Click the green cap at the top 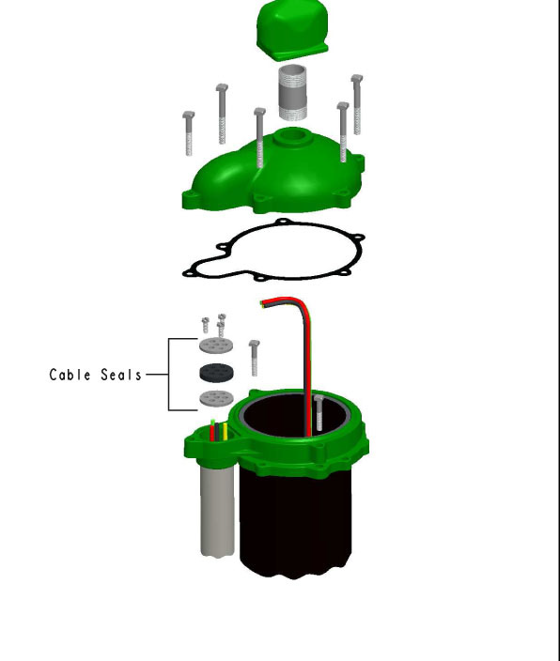pyautogui.click(x=292, y=29)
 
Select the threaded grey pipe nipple pyautogui.click(x=293, y=92)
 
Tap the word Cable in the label pyautogui.click(x=70, y=375)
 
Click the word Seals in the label pyautogui.click(x=121, y=375)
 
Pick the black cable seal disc pyautogui.click(x=216, y=373)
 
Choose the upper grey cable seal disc pyautogui.click(x=216, y=346)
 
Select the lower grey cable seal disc pyautogui.click(x=216, y=398)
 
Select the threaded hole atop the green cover pyautogui.click(x=292, y=136)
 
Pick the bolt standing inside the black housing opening pyautogui.click(x=319, y=413)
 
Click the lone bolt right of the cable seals pyautogui.click(x=254, y=358)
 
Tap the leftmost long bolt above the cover pyautogui.click(x=189, y=133)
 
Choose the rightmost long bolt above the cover pyautogui.click(x=357, y=104)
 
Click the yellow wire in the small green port pyautogui.click(x=226, y=431)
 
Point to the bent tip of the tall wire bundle pyautogui.click(x=263, y=303)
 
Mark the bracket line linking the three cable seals pyautogui.click(x=169, y=375)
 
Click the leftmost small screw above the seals pyautogui.click(x=206, y=325)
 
